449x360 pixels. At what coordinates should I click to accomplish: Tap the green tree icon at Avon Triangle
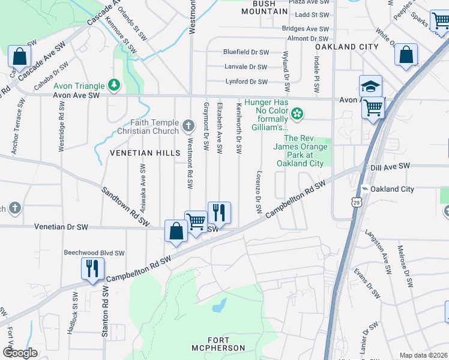tap(113, 85)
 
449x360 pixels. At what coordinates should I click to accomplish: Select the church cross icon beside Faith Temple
tap(188, 126)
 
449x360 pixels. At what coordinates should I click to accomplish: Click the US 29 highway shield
tap(357, 203)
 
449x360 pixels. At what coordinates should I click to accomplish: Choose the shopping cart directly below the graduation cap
tap(373, 109)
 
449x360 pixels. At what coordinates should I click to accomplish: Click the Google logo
tap(20, 352)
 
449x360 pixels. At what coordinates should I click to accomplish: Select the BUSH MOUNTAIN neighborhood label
tap(265, 7)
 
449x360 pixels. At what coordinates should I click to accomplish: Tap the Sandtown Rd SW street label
tap(125, 206)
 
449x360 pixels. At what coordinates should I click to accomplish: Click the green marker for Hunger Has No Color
tap(296, 113)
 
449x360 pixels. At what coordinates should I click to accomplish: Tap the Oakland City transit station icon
tap(364, 189)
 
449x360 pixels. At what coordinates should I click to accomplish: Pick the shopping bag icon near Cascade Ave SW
tap(19, 57)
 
